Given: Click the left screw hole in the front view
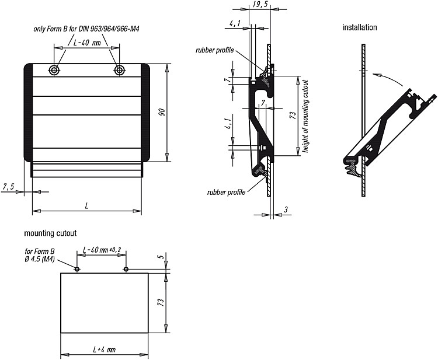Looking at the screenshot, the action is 54,71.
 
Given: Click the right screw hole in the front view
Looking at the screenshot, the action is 119,71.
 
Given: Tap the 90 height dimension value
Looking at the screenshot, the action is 163,113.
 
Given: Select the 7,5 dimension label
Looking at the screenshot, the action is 8,187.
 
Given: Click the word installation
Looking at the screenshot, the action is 360,27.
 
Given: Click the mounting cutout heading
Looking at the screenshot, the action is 50,233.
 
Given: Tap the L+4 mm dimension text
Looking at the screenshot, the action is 104,349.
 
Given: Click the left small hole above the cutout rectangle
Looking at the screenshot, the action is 77,269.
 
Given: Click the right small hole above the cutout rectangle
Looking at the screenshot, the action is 126,269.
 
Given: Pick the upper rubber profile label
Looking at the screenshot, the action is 214,50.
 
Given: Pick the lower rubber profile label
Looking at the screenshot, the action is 226,193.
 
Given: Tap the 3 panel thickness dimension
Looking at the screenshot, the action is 286,210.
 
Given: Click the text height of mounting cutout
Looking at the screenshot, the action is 305,116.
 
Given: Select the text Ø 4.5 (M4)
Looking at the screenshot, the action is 40,259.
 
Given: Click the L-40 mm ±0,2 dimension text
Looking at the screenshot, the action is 102,250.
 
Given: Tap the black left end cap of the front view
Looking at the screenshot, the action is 28,113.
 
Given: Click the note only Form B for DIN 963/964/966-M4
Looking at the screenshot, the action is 86,29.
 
